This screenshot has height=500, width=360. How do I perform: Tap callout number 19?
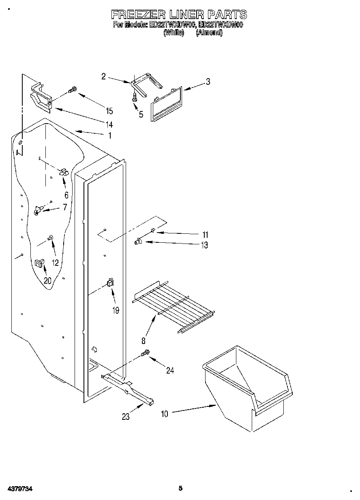[116, 311]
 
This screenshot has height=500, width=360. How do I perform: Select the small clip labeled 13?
[137, 242]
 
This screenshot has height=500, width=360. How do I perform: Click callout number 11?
[205, 235]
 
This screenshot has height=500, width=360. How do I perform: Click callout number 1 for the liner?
[109, 136]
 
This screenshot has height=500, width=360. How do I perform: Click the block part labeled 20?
[39, 263]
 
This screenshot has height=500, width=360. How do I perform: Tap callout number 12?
[56, 263]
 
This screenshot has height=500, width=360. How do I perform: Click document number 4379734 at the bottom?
[19, 489]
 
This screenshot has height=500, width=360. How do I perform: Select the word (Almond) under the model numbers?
[209, 33]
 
